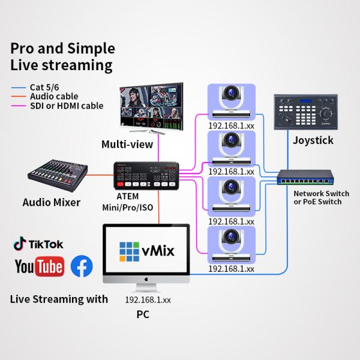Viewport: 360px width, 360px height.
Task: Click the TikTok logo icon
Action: (20, 244)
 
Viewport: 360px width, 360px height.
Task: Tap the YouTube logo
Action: (39, 266)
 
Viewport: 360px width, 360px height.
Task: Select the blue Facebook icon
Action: (82, 266)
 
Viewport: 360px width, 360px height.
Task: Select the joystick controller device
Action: (305, 112)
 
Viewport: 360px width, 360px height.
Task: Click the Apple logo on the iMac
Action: (146, 280)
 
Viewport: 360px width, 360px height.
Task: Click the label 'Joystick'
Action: (313, 140)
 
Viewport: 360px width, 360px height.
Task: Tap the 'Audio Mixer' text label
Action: (52, 202)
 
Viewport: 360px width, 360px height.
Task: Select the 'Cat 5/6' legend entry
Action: (46, 87)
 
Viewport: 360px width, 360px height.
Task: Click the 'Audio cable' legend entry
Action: (54, 96)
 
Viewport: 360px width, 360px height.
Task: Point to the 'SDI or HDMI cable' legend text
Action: (67, 106)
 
